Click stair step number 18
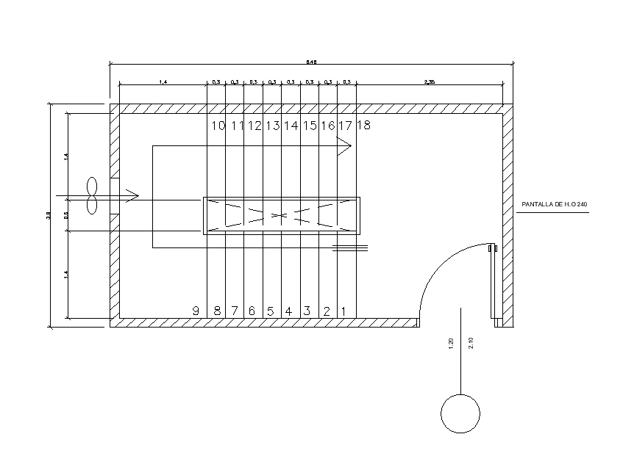363,126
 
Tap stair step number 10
218,126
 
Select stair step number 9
196,311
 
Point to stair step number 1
343,311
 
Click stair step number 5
270,311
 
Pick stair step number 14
291,126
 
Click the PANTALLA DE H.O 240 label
555,203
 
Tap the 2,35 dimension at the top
430,82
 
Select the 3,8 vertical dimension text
49,214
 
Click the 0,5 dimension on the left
66,215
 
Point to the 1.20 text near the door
450,342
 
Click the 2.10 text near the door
471,342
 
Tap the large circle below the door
460,413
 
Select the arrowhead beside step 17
344,145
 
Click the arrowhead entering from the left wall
132,195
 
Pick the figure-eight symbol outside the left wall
92,196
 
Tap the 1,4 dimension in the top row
162,82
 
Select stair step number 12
254,126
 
